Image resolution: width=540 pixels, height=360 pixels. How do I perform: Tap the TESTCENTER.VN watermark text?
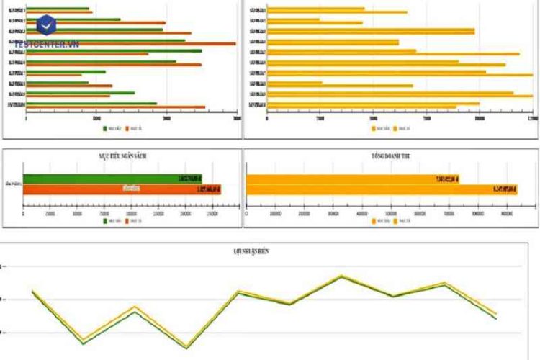point(46,45)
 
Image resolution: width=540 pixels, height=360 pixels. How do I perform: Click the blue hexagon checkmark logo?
point(46,26)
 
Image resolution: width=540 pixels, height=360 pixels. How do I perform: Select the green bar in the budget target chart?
point(112,179)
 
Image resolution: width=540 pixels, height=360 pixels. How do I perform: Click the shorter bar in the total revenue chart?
point(352,179)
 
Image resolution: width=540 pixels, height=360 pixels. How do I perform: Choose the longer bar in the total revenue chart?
point(372,189)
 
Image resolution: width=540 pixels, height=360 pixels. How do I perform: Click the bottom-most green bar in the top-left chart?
point(91,103)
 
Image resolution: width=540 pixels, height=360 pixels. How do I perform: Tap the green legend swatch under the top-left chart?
point(104,128)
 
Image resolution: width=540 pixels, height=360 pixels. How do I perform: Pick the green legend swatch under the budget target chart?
point(104,221)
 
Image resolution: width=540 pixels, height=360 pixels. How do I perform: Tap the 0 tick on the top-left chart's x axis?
point(27,118)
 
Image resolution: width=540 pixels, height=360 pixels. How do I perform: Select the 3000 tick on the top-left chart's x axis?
point(236,118)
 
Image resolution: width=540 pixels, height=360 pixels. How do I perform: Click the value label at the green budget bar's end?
point(189,179)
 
